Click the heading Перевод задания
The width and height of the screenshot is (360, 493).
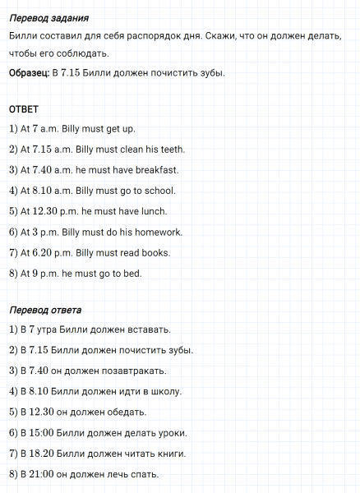pyautogui.click(x=48, y=18)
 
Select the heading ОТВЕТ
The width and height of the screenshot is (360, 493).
pyautogui.click(x=24, y=109)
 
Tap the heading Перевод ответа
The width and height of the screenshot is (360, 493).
pyautogui.click(x=46, y=311)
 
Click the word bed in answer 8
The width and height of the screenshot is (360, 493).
pyautogui.click(x=132, y=273)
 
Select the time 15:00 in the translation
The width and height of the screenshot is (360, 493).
pyautogui.click(x=41, y=433)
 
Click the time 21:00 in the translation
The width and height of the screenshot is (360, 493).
pyautogui.click(x=41, y=474)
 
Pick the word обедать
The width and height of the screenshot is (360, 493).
pyautogui.click(x=125, y=412)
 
